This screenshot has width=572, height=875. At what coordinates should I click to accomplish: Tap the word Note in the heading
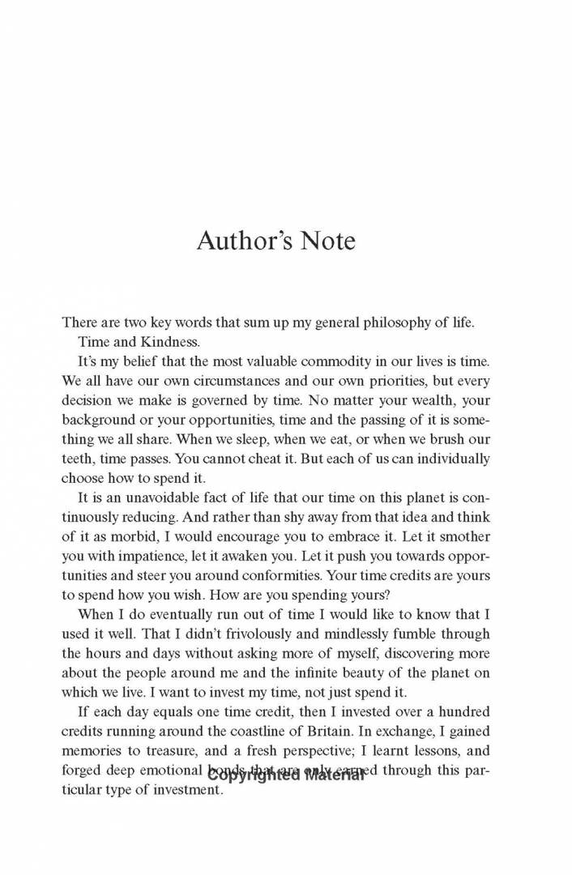click(x=325, y=241)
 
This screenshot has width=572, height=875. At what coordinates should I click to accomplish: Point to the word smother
click(x=487, y=536)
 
